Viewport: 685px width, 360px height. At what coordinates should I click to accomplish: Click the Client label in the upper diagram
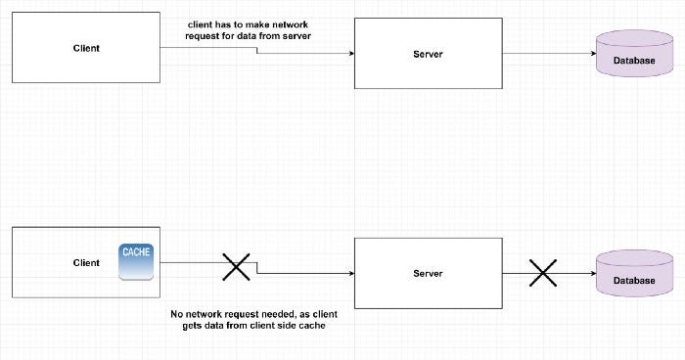coord(86,47)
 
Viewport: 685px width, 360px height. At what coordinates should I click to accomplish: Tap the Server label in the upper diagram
coord(429,53)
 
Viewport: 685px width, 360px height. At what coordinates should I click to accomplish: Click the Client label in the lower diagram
coord(86,262)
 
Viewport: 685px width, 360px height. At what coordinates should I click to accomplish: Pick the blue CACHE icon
coord(135,261)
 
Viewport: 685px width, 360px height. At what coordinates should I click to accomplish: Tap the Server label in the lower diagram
coord(429,273)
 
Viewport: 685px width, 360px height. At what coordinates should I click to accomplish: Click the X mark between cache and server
coord(235,266)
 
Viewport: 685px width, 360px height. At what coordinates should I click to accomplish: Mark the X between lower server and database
coord(542,273)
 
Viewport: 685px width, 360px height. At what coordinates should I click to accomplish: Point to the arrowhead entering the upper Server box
coord(349,54)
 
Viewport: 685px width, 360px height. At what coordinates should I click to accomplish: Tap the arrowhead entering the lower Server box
coord(349,275)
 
